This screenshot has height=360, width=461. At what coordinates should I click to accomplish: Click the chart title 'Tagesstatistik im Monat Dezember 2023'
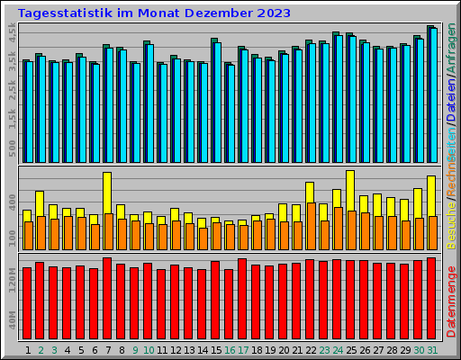[x=154, y=13]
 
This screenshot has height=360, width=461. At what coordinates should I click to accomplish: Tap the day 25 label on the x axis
[x=351, y=350]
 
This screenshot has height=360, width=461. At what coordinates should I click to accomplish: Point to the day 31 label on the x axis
[x=432, y=350]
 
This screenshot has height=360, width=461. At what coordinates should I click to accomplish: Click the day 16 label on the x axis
[x=230, y=350]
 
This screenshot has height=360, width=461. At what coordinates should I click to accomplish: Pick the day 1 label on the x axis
[x=28, y=350]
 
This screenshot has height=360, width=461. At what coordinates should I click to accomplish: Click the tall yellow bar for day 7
[x=107, y=193]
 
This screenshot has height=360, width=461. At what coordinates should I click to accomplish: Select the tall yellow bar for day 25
[x=350, y=190]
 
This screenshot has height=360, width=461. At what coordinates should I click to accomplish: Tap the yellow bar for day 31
[x=431, y=195]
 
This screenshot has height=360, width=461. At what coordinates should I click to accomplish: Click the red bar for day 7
[x=107, y=297]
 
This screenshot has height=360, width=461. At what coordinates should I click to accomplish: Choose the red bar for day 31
[x=431, y=297]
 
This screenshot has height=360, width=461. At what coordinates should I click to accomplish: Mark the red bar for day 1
[x=27, y=301]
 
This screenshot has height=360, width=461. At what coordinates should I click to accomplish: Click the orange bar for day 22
[x=311, y=225]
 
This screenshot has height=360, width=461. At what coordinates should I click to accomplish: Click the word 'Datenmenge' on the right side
[x=451, y=301]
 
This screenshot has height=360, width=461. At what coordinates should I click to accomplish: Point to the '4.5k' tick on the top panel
[x=12, y=33]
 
